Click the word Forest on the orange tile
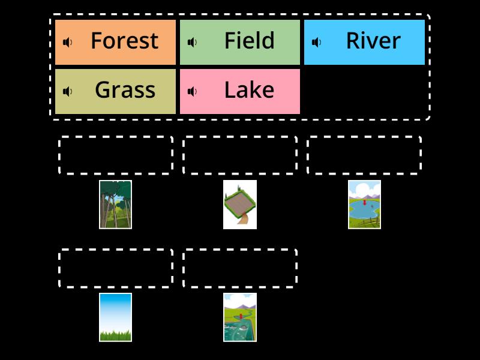[124, 41]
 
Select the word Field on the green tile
[249, 41]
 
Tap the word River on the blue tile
[373, 41]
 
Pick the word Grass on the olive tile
[125, 90]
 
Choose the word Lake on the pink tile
[249, 90]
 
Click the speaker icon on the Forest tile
[68, 42]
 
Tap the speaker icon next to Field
[193, 42]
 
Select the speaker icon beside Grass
[68, 91]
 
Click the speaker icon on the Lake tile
[193, 91]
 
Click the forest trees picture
[115, 205]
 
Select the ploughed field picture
[240, 205]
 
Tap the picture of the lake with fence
[364, 205]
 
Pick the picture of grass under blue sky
[115, 317]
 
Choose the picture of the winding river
[240, 317]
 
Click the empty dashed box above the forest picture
[115, 155]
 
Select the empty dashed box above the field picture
[240, 155]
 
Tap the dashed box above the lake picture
[364, 155]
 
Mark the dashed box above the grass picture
[115, 268]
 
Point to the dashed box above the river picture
[240, 268]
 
